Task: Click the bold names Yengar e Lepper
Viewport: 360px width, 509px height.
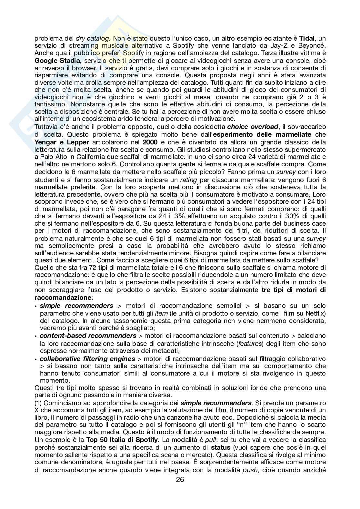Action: pyautogui.click(x=61, y=142)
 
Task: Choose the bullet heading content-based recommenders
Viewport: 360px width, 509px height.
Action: pyautogui.click(x=88, y=336)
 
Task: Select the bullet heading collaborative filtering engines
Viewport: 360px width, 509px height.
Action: pyautogui.click(x=87, y=358)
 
